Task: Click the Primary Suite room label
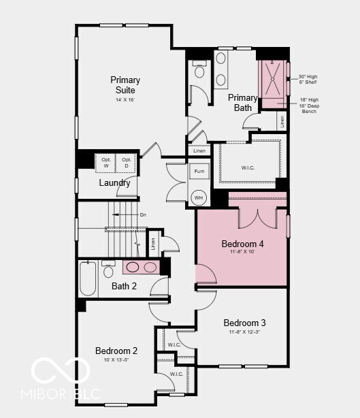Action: click(125, 85)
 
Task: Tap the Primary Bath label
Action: click(243, 103)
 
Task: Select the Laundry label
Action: click(114, 182)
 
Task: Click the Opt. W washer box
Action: click(106, 163)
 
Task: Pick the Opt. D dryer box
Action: click(126, 163)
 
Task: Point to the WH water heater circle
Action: click(199, 198)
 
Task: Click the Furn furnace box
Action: click(199, 172)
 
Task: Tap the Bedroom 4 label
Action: click(243, 244)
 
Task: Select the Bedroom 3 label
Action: click(244, 323)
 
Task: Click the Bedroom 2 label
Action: click(116, 351)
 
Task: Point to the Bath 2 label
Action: click(125, 286)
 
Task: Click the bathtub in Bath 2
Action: click(88, 278)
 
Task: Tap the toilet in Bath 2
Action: click(108, 270)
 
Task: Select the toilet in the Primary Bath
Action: click(199, 69)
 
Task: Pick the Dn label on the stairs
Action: click(143, 214)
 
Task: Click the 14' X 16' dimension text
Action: click(125, 99)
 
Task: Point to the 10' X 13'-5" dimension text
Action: click(116, 359)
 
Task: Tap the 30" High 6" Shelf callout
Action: click(308, 79)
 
